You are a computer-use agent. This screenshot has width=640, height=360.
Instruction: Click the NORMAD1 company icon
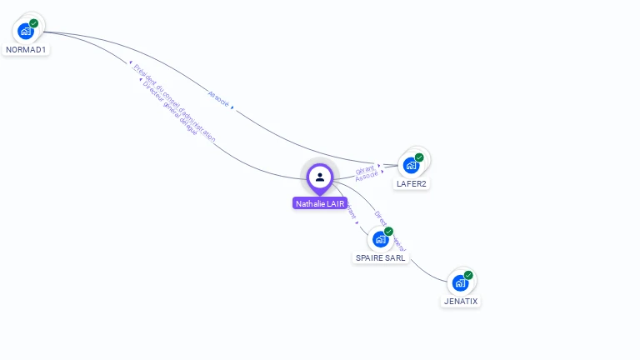[x=26, y=32]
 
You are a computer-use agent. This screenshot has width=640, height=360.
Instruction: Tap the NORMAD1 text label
[x=26, y=50]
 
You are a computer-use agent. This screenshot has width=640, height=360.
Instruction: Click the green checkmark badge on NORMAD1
[x=34, y=23]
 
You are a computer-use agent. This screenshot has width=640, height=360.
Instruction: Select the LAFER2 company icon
[x=411, y=165]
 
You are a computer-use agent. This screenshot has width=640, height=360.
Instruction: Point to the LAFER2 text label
[x=412, y=183]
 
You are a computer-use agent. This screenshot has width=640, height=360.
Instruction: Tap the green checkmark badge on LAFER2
[x=419, y=157]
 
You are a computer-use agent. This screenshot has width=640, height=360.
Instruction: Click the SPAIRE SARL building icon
[x=380, y=239]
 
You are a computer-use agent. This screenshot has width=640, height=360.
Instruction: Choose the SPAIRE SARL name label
[x=381, y=258]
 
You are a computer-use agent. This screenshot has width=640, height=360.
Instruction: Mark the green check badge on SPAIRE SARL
[x=388, y=231]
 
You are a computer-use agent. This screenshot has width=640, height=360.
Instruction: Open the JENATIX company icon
[x=460, y=283]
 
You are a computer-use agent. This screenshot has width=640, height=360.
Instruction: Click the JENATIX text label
[x=461, y=301]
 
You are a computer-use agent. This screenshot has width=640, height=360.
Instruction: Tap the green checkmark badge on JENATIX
[x=468, y=275]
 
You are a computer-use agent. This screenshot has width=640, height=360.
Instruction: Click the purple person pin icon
[x=320, y=177]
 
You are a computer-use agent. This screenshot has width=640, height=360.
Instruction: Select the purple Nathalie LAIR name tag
[x=320, y=203]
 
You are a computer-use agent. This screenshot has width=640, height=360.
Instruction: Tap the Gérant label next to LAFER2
[x=364, y=168]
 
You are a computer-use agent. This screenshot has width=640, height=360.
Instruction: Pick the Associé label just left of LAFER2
[x=366, y=177]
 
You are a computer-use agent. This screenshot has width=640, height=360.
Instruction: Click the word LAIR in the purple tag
[x=335, y=203]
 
